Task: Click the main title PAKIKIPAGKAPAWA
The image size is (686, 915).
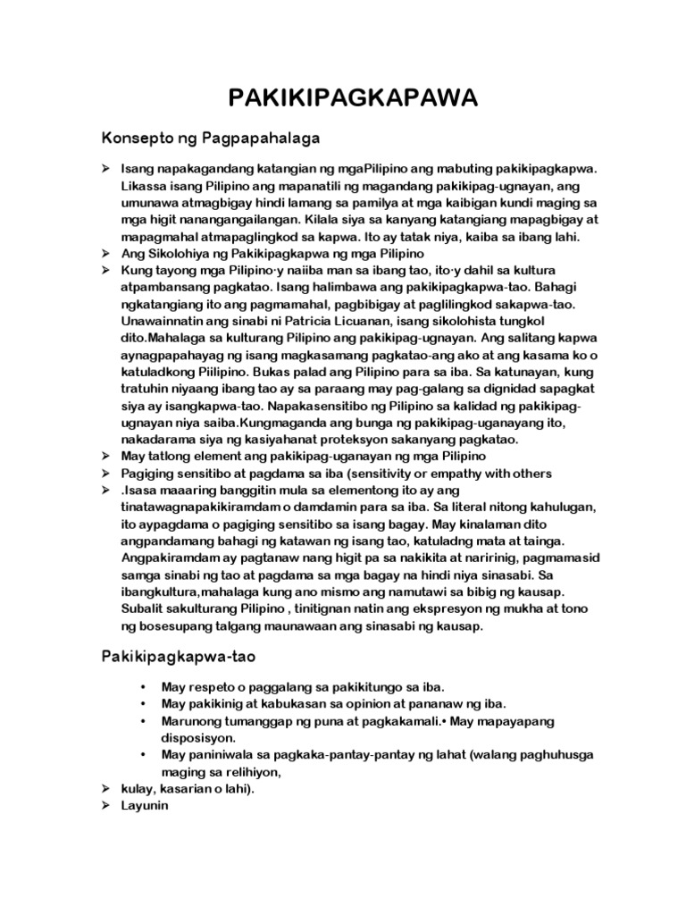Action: click(x=342, y=97)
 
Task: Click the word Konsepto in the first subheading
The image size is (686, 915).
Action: click(x=136, y=139)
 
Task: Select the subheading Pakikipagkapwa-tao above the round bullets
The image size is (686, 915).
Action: click(x=179, y=657)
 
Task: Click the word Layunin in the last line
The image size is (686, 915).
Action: click(x=144, y=805)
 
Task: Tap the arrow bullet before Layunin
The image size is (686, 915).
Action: click(x=105, y=805)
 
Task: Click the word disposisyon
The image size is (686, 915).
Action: click(x=200, y=738)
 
